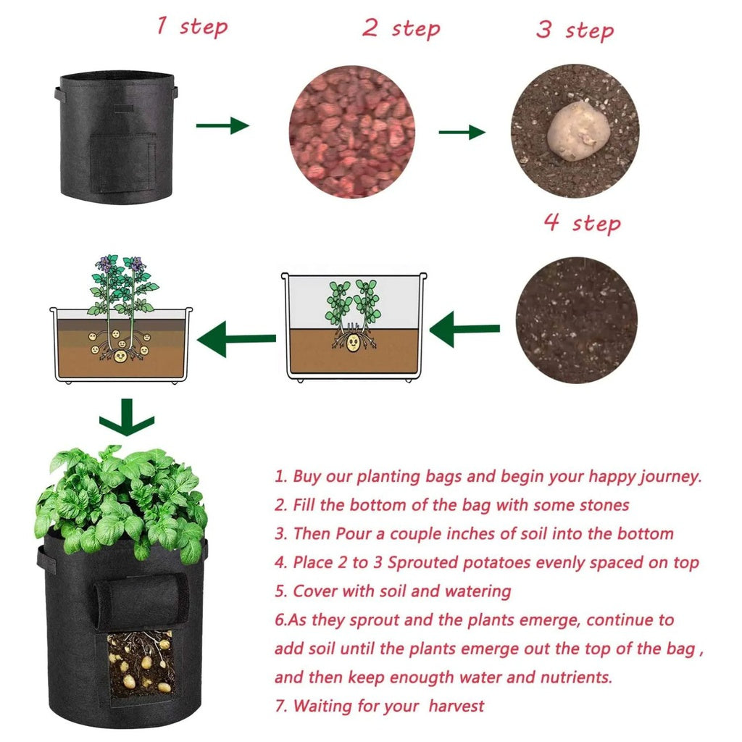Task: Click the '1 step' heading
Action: pyautogui.click(x=192, y=27)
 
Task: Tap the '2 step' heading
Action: pyautogui.click(x=401, y=28)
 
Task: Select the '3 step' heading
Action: pyautogui.click(x=575, y=30)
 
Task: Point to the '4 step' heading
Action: pyautogui.click(x=582, y=222)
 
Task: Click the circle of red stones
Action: pyautogui.click(x=352, y=133)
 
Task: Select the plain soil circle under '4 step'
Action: pyautogui.click(x=577, y=320)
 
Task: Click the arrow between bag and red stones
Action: pyautogui.click(x=222, y=125)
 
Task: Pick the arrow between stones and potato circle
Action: pyautogui.click(x=462, y=132)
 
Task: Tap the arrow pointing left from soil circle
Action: pyautogui.click(x=464, y=330)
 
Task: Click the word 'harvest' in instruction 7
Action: pyautogui.click(x=457, y=705)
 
